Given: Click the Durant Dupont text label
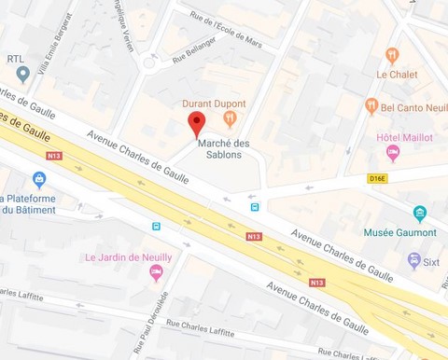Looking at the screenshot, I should click(215, 104).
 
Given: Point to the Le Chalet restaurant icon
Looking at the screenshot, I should click(393, 55).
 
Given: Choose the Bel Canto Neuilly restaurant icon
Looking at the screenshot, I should click(371, 106).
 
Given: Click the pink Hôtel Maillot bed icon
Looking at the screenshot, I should click(392, 152).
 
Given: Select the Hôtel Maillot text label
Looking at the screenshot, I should click(404, 137).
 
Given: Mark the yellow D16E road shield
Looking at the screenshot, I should click(377, 177).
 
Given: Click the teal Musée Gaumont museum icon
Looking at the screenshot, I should click(420, 213).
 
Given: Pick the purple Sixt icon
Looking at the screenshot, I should click(413, 260).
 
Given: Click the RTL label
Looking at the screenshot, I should click(16, 58).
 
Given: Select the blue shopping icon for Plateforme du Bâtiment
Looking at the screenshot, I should click(39, 179).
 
